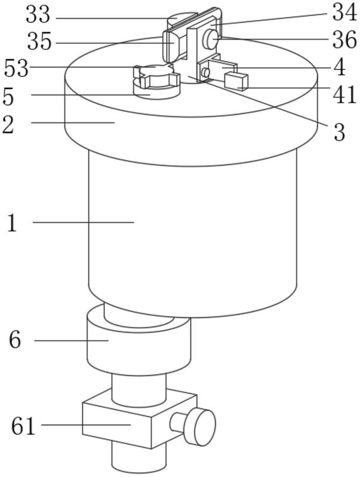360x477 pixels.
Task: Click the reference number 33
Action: pyautogui.click(x=38, y=14)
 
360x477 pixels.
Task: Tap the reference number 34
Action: pyautogui.click(x=344, y=13)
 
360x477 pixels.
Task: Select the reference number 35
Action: pyautogui.click(x=39, y=42)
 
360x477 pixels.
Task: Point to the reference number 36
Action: pyautogui.click(x=344, y=39)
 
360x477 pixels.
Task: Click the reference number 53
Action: pyautogui.click(x=16, y=68)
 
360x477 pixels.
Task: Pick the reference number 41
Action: pyautogui.click(x=344, y=94)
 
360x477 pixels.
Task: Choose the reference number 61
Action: pyautogui.click(x=23, y=426)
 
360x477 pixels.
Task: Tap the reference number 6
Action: pyautogui.click(x=15, y=340)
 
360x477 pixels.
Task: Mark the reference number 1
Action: pyautogui.click(x=11, y=223)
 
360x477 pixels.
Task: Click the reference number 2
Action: pyautogui.click(x=8, y=125)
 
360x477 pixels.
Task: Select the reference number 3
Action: pyautogui.click(x=339, y=133)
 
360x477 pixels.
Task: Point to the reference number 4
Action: pyautogui.click(x=340, y=67)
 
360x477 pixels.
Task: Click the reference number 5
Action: pyautogui.click(x=8, y=97)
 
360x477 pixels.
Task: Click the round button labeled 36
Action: pyautogui.click(x=211, y=39)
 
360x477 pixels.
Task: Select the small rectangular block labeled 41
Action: pyautogui.click(x=236, y=82)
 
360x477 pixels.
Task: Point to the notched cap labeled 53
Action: pyautogui.click(x=156, y=76)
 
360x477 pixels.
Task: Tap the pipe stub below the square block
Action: pyautogui.click(x=139, y=458)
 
